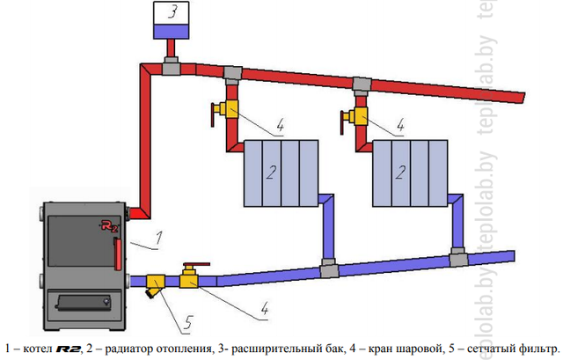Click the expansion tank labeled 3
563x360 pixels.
pyautogui.click(x=172, y=19)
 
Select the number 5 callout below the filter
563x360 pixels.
pyautogui.click(x=186, y=323)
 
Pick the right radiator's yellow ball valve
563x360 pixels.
pyautogui.click(x=358, y=114)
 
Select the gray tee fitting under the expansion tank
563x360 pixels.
pyautogui.click(x=170, y=66)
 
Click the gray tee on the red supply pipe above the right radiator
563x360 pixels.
pyautogui.click(x=361, y=84)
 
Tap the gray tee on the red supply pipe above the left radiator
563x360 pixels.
pyautogui.click(x=232, y=73)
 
